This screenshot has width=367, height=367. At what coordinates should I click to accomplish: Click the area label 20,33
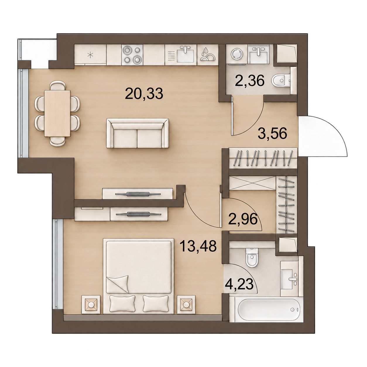tap(144, 94)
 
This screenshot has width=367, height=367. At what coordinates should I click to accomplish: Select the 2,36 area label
tap(250, 81)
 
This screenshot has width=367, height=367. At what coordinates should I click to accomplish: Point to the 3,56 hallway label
tap(272, 134)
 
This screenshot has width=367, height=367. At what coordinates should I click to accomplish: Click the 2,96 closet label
tap(243, 219)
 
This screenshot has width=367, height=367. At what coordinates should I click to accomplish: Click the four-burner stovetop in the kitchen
tap(132, 55)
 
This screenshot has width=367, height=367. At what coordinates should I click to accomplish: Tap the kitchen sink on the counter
tap(185, 54)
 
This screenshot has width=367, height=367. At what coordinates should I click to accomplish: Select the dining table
tap(57, 113)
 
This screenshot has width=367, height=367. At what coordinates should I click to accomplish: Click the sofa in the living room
tap(138, 133)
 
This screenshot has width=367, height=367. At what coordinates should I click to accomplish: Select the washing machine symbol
tap(237, 54)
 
